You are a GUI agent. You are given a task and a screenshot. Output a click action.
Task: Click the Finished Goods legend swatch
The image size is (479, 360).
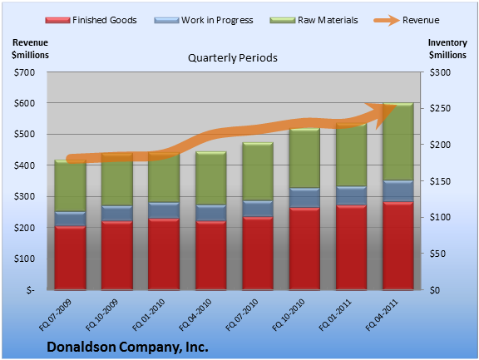(57, 21)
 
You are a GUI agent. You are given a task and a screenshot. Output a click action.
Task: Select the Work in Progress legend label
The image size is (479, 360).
(217, 20)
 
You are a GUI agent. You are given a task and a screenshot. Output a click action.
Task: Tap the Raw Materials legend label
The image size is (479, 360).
(328, 20)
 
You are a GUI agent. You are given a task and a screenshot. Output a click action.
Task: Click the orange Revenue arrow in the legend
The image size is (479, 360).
(387, 21)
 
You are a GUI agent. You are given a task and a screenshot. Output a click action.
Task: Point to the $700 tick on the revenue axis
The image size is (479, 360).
(24, 72)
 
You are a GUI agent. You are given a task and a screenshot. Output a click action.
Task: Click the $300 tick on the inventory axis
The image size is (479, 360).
(440, 72)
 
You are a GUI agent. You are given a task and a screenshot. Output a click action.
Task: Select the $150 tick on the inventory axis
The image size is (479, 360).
(440, 181)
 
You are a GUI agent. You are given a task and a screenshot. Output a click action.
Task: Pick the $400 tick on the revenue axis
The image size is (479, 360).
(24, 165)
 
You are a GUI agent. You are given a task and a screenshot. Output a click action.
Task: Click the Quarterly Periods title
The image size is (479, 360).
(233, 58)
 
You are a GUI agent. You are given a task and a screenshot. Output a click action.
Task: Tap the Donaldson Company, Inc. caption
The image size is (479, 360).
(127, 348)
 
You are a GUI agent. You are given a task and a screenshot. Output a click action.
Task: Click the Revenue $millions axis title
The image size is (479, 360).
(30, 48)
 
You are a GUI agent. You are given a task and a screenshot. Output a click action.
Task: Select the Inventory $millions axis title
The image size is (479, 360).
(447, 48)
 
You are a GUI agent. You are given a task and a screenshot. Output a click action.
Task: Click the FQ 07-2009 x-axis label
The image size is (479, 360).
(55, 315)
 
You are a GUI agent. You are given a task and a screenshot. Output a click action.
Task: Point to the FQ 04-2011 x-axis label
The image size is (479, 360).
(383, 315)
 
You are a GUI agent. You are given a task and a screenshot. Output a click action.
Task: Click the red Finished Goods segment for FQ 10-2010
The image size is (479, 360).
(304, 249)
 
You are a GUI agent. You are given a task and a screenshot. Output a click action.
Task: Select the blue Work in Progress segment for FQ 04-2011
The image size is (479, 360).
(398, 191)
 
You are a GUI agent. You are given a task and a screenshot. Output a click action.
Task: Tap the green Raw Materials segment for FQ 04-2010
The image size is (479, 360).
(210, 178)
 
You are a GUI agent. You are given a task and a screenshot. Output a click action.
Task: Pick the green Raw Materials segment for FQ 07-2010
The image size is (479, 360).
(258, 171)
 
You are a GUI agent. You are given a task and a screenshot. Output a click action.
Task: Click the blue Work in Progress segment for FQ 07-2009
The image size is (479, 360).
(70, 219)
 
